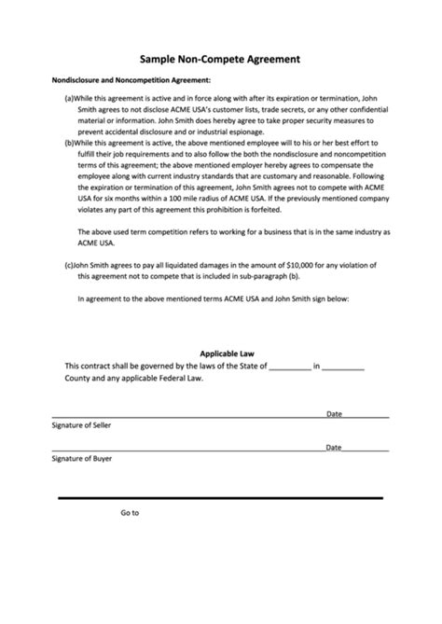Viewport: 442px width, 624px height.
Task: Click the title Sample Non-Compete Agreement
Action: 220,58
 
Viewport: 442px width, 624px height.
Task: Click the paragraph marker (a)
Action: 69,98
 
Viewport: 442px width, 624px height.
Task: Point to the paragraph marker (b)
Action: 70,143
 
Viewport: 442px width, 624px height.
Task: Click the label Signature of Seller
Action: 81,424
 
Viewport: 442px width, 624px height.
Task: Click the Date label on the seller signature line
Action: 334,413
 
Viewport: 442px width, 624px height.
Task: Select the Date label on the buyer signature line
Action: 334,447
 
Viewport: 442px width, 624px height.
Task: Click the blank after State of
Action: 289,367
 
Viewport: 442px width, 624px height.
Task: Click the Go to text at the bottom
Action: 130,512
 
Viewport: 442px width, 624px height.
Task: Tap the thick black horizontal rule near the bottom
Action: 220,499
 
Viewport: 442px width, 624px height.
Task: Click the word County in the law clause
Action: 79,379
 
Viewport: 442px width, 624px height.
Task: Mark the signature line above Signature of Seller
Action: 186,416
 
